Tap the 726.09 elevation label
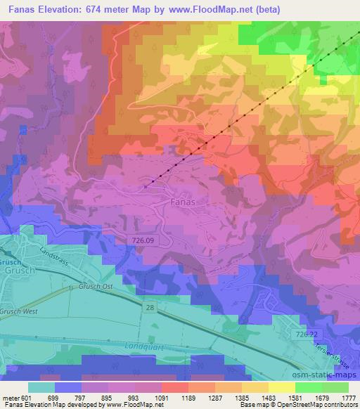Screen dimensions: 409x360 [x=143, y=241]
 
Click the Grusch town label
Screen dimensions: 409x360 [x=15, y=270]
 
